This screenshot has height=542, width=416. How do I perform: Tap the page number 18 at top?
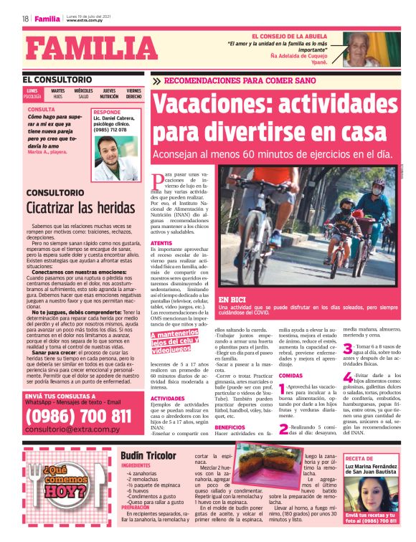click(25, 19)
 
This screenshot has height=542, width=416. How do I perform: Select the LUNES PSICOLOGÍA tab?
click(32, 93)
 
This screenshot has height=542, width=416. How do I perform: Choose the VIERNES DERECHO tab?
click(134, 93)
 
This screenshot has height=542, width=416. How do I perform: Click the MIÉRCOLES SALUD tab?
click(84, 93)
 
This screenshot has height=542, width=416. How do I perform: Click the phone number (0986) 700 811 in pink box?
click(78, 416)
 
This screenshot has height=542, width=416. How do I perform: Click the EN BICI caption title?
click(232, 300)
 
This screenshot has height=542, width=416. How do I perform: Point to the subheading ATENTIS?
click(161, 244)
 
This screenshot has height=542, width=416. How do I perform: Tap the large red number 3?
click(346, 350)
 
